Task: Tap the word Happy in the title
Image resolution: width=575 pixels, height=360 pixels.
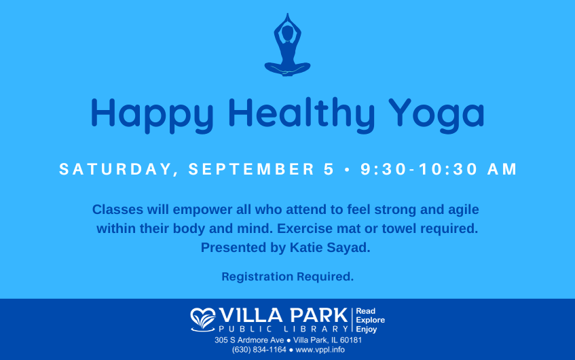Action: coord(152,115)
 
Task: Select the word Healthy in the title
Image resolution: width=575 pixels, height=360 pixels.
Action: coord(301,115)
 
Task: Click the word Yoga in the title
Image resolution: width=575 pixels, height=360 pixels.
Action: coord(437,115)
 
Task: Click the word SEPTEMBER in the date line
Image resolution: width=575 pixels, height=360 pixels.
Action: coord(252,169)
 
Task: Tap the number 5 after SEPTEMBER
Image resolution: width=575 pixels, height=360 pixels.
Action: coord(329,169)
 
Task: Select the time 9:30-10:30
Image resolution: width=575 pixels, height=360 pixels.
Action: coord(419,169)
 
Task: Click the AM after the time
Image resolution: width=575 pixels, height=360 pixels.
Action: coord(502,169)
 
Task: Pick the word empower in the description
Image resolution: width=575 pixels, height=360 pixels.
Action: coord(202,210)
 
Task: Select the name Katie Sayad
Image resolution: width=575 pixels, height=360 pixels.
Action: coord(330,248)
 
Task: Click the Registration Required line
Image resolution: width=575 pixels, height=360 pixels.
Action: coord(288,276)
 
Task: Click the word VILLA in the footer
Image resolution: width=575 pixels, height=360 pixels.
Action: coord(251,316)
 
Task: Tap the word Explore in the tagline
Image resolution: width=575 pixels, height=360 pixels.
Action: coord(371,320)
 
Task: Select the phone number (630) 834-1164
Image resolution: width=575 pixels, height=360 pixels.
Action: coord(259,350)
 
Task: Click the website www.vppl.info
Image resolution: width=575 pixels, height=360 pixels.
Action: coord(320,350)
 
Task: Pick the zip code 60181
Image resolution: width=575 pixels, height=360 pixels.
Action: coord(351,340)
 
